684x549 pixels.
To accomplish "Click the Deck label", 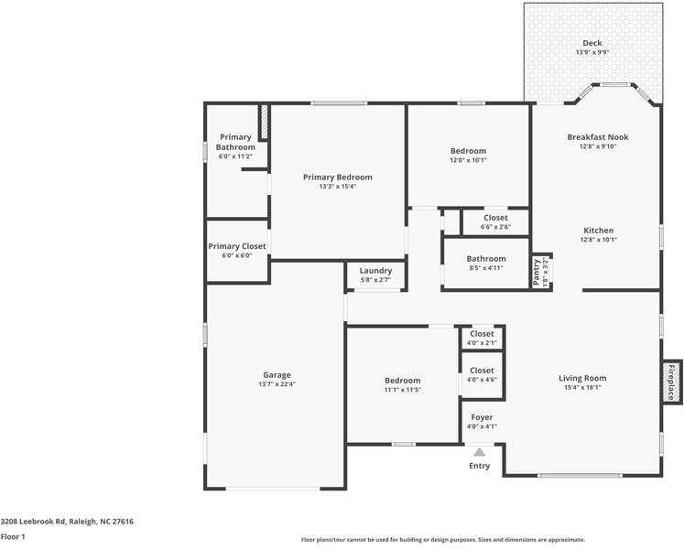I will point(592,43).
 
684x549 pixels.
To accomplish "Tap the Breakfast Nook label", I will point(598,137).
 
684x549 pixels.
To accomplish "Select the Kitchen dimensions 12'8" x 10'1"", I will point(598,241).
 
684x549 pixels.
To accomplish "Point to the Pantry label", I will point(537,271).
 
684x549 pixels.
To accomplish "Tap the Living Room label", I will point(582,378).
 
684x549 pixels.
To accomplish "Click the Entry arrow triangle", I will point(479,451).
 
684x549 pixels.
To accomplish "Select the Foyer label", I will point(482,417).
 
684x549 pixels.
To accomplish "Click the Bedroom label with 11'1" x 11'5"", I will point(402,381).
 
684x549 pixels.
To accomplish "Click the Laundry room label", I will point(375,271).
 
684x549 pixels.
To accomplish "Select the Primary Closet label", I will point(236,246).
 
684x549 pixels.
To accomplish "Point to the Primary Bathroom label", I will point(235,143).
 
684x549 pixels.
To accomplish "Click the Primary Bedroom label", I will point(338,177).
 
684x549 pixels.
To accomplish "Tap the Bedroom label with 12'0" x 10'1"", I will point(468,151).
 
